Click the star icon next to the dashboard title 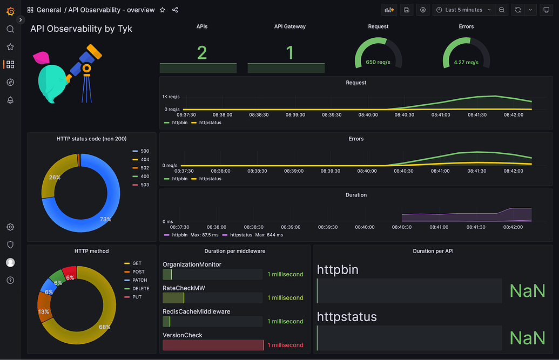coord(163,10)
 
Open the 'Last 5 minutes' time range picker coord(463,10)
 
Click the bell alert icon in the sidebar coord(10,100)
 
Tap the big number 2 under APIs coord(201,53)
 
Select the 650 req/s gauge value coord(378,62)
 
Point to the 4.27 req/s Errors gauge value coord(466,62)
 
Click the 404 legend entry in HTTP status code coord(144,160)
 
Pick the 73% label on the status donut coord(105,219)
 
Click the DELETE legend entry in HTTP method coord(140,289)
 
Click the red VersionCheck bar coord(213,345)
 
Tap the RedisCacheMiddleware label coord(196,311)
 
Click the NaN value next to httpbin coord(527,291)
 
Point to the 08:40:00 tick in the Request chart coord(368,114)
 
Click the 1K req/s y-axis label coord(171,97)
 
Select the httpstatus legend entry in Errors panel coord(210,179)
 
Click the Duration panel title coord(356,195)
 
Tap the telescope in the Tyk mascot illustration coord(86,65)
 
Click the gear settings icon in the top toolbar coord(423,10)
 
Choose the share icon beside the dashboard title coord(175,10)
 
